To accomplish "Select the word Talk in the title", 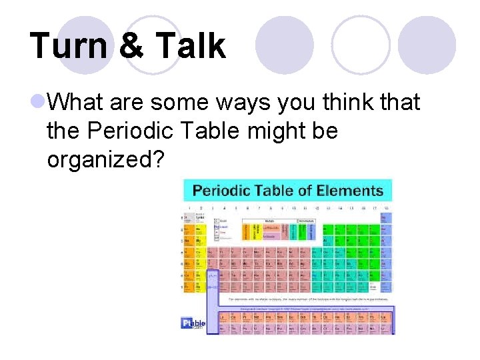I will tap(190, 46).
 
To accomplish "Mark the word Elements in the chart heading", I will tap(351, 191).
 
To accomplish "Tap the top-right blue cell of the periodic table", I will tap(384, 218).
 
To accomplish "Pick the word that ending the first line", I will tap(399, 103).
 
